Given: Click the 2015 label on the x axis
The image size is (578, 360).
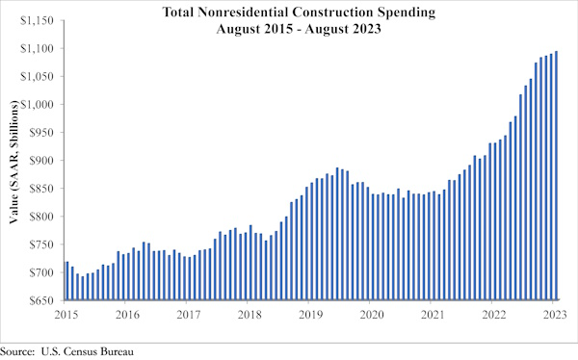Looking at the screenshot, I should tap(66, 314).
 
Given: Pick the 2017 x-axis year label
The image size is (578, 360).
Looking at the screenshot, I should tap(188, 314).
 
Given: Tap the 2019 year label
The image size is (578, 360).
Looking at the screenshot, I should tap(309, 314).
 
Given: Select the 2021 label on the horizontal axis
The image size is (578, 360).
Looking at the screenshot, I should tap(433, 314).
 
